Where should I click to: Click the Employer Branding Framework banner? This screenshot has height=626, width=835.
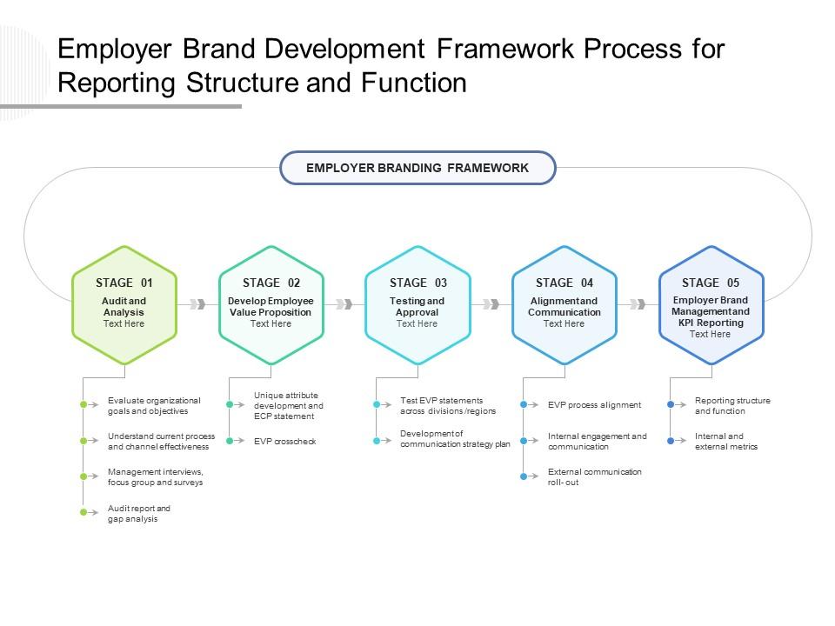[417, 168]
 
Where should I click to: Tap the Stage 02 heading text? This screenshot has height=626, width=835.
[271, 283]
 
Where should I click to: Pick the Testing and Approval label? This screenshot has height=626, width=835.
[417, 306]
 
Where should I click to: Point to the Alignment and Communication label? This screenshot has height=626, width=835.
[564, 306]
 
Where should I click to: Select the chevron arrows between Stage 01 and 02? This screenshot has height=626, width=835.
[197, 304]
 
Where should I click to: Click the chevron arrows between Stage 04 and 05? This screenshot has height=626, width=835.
[638, 304]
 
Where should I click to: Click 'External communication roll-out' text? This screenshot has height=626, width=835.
[594, 476]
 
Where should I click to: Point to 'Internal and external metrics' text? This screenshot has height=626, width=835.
[726, 441]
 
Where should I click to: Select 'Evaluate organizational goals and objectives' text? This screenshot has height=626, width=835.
[154, 405]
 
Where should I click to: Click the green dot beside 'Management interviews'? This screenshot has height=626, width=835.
[83, 476]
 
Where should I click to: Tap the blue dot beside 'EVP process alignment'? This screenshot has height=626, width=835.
[524, 404]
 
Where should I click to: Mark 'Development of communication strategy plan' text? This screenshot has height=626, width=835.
[455, 439]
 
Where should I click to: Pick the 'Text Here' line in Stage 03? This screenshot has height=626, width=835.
[417, 323]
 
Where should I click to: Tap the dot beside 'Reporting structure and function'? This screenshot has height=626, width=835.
[671, 404]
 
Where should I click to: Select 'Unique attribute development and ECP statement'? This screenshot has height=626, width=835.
[289, 405]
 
